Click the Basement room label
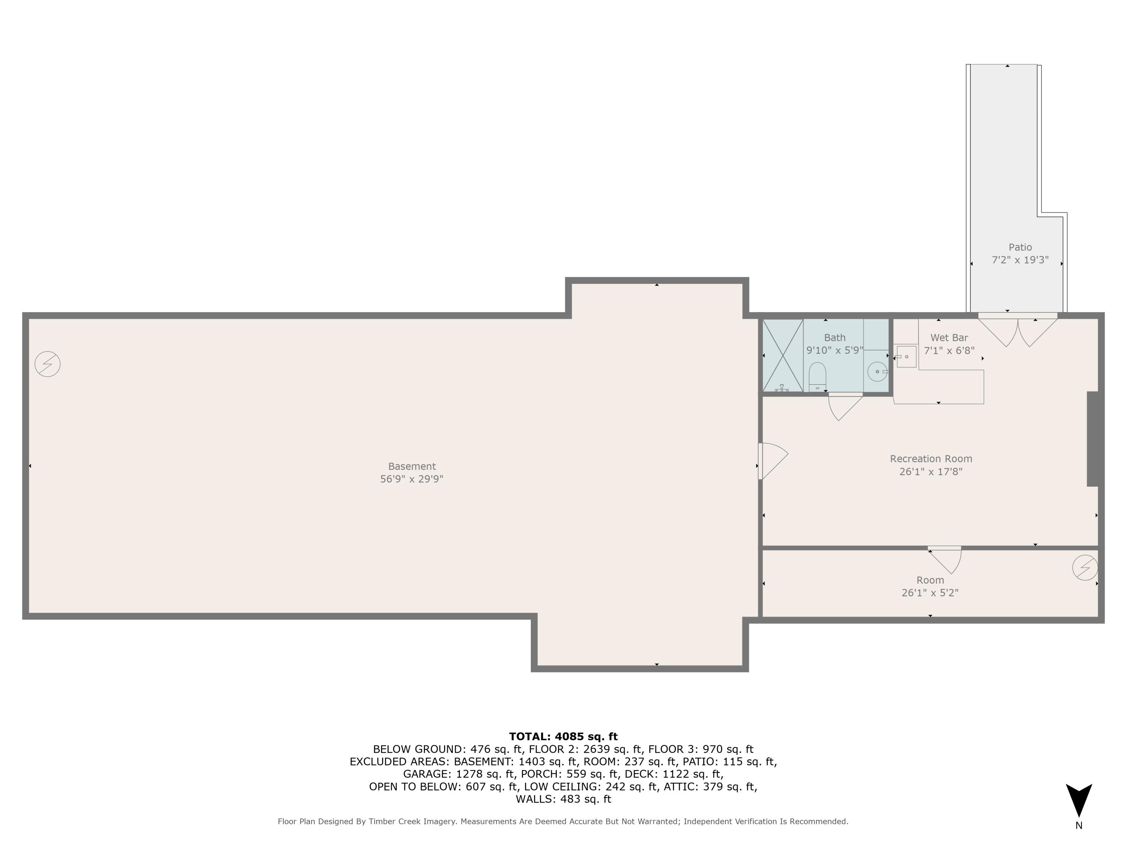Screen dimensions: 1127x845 click(412, 466)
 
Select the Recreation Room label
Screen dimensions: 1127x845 click(931, 459)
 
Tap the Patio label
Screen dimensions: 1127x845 click(1020, 247)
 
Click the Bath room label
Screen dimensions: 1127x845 click(835, 338)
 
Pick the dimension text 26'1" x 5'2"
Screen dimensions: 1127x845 click(930, 592)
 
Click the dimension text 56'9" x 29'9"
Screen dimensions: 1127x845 click(412, 479)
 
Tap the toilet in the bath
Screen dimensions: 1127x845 click(817, 377)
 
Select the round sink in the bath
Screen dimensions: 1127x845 click(877, 372)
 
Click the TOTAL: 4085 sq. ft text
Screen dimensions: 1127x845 click(563, 736)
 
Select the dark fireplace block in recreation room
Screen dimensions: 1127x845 click(1092, 439)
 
